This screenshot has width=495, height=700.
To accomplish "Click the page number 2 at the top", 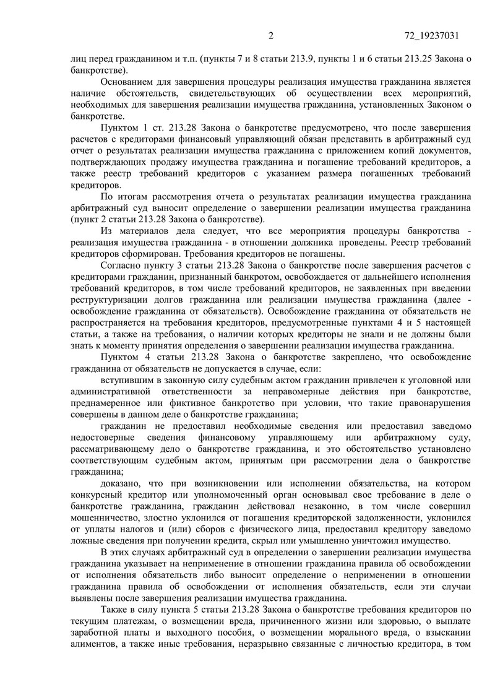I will click(x=270, y=35).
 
